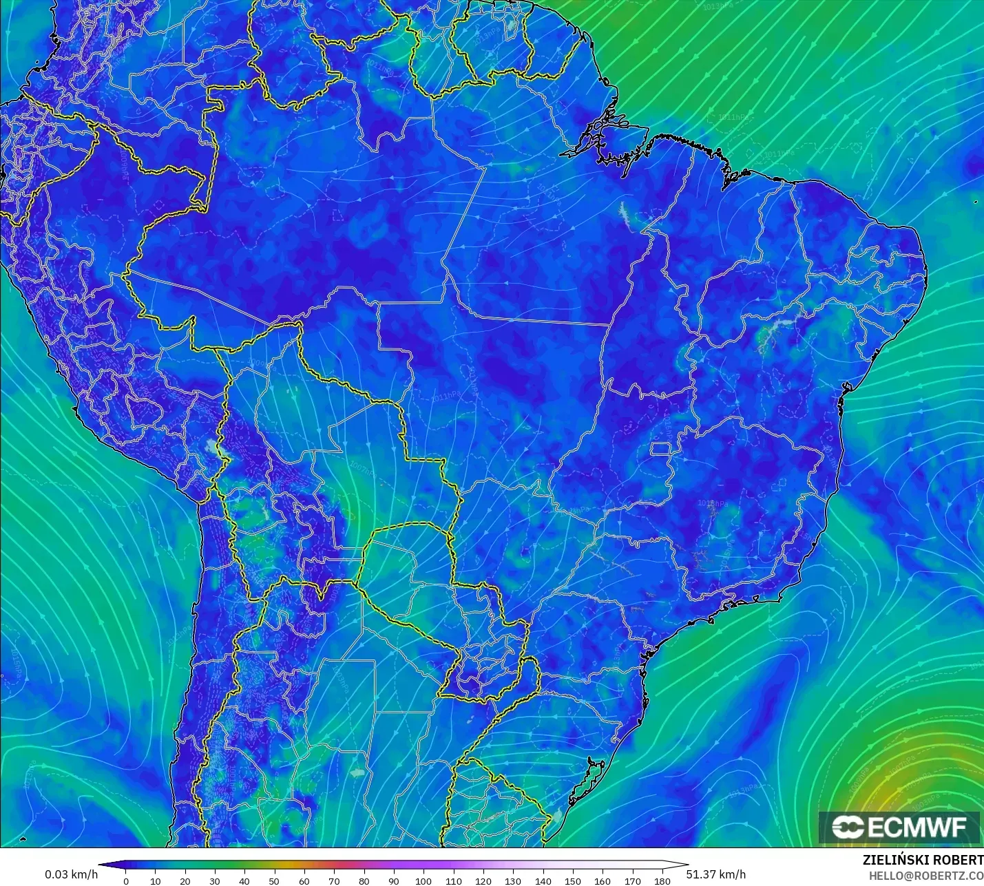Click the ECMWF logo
899,827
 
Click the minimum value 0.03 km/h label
72,874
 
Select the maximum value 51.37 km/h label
715,874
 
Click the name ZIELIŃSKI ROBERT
923,860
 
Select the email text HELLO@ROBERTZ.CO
925,876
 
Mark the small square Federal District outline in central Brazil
661,450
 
